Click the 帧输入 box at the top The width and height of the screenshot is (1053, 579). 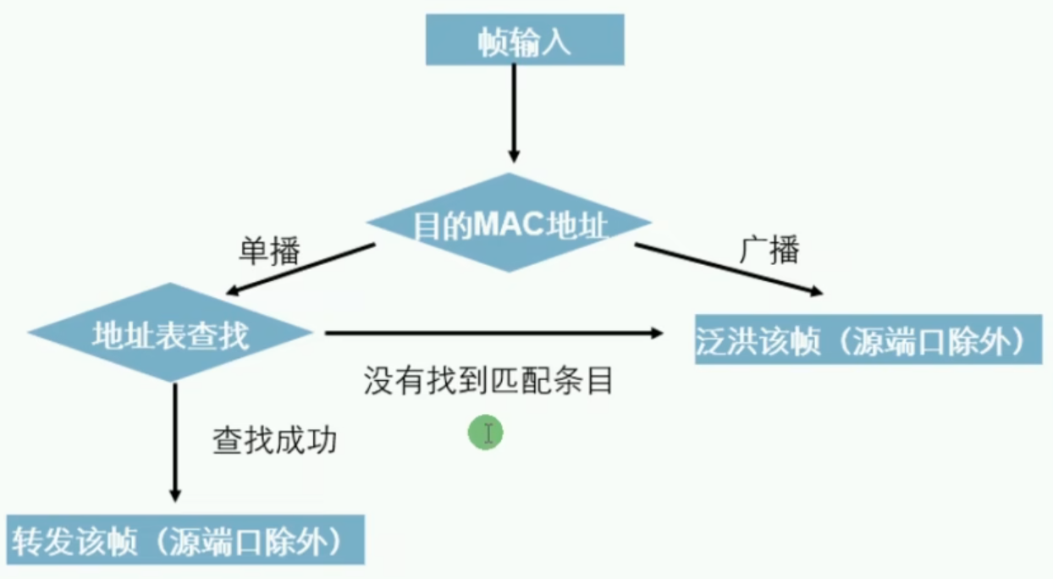525,40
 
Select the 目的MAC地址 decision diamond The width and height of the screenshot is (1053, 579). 509,223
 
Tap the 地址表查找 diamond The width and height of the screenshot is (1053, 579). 170,333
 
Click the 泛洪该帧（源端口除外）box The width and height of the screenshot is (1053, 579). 868,339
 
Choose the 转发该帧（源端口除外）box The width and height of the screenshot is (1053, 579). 185,539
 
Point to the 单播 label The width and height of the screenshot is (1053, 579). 269,251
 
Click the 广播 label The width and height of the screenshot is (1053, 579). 769,249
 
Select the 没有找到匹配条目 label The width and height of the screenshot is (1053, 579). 488,380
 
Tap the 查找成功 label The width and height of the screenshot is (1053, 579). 275,440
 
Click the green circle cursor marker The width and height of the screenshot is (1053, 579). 486,433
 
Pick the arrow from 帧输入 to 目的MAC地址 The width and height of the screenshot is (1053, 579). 515,113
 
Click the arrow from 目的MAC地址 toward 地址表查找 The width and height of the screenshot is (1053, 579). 300,269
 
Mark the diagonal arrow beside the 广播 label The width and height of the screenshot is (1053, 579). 729,270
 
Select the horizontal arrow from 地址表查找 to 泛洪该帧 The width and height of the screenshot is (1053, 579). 493,334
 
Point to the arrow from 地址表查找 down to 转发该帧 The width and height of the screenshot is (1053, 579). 175,443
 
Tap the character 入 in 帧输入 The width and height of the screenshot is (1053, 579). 556,42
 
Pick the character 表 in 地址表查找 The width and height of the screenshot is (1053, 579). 170,335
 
